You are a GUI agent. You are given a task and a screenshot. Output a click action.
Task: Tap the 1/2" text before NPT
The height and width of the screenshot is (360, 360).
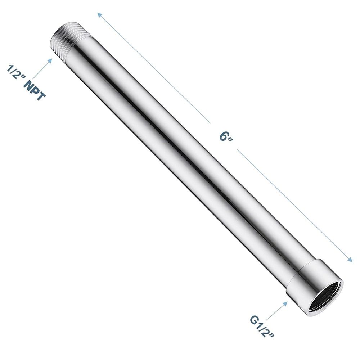(x=15, y=74)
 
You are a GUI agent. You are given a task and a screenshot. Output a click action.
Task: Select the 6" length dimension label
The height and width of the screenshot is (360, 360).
(x=225, y=137)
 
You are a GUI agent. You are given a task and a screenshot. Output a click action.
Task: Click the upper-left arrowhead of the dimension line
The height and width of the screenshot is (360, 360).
(x=99, y=15)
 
